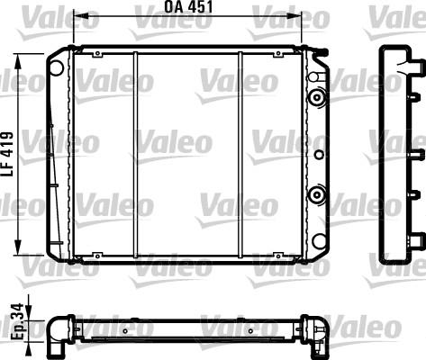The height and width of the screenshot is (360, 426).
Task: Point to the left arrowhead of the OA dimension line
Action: (77, 15)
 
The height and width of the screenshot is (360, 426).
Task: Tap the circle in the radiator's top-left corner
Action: (56, 67)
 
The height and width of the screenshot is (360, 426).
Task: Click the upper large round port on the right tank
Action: (316, 97)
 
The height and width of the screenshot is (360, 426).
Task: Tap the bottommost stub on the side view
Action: (416, 238)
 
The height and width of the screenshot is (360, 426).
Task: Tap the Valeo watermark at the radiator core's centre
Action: (175, 142)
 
